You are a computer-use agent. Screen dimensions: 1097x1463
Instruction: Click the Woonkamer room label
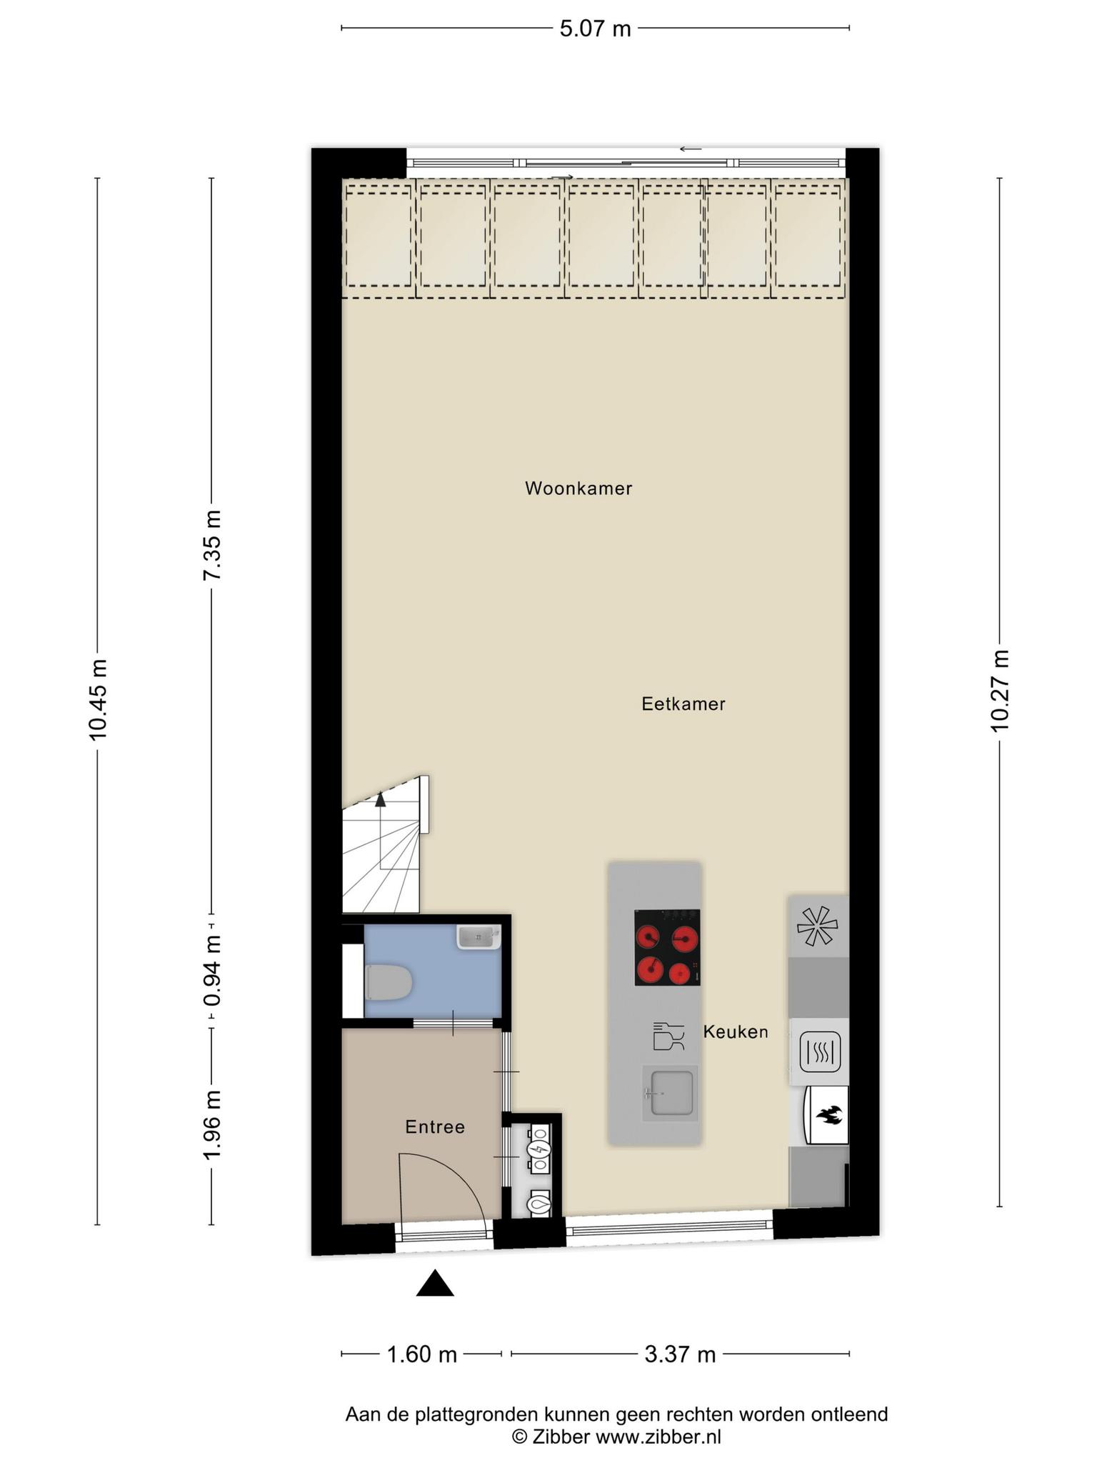pyautogui.click(x=578, y=489)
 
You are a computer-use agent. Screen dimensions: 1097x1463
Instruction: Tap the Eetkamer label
pyautogui.click(x=683, y=704)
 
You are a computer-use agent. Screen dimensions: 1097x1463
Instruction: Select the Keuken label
pyautogui.click(x=736, y=1032)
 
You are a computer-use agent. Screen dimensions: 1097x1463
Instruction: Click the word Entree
pyautogui.click(x=435, y=1127)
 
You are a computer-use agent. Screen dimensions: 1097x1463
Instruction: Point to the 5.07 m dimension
pyautogui.click(x=595, y=29)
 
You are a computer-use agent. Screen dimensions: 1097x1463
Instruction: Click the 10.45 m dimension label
pyautogui.click(x=98, y=699)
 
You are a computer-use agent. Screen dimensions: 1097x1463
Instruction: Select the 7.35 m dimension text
pyautogui.click(x=212, y=545)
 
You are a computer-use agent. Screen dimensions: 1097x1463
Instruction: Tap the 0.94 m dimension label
pyautogui.click(x=212, y=972)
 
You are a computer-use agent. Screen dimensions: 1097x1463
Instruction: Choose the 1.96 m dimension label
pyautogui.click(x=212, y=1125)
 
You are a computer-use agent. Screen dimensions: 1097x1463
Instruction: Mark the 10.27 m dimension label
pyautogui.click(x=999, y=690)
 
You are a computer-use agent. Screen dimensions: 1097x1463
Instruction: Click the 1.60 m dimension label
pyautogui.click(x=421, y=1354)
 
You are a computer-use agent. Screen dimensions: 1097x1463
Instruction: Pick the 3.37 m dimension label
pyautogui.click(x=680, y=1354)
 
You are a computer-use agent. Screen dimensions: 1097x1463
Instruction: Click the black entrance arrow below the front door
pyautogui.click(x=435, y=1284)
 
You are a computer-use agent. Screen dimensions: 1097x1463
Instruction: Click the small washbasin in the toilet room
pyautogui.click(x=479, y=937)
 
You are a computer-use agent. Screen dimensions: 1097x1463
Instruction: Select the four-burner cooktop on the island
pyautogui.click(x=667, y=947)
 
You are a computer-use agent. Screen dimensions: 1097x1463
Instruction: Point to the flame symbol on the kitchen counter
pyautogui.click(x=828, y=1114)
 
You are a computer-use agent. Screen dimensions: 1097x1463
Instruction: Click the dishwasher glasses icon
pyautogui.click(x=668, y=1036)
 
